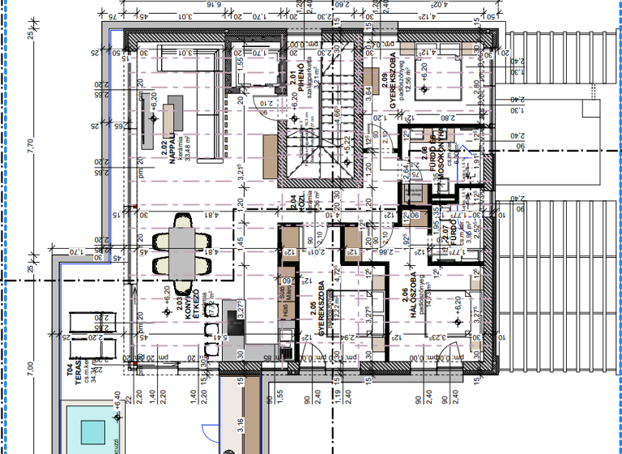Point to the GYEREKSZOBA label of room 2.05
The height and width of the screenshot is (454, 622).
click(322, 311)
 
